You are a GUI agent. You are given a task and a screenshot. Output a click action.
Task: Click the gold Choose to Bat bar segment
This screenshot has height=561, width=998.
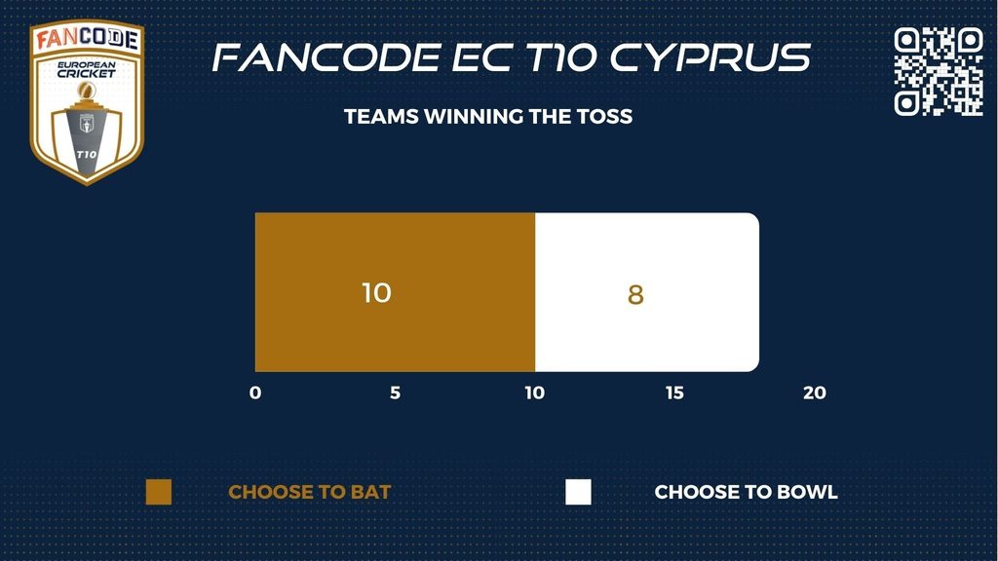tap(395, 292)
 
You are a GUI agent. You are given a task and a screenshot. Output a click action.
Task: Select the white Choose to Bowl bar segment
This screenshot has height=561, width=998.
tap(647, 292)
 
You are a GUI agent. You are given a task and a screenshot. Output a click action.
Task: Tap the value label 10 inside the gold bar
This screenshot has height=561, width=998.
tap(376, 292)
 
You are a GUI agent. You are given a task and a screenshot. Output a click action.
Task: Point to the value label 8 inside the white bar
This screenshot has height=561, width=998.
tap(635, 294)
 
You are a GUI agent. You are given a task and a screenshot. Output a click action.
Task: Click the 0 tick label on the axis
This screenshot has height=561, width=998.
tap(255, 393)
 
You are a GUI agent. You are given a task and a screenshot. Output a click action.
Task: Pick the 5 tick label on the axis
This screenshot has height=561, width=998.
tap(396, 393)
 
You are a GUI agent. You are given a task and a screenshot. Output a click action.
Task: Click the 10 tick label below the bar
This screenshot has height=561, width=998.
tap(535, 393)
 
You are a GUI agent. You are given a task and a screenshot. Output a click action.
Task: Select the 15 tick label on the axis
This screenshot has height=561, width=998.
tap(674, 393)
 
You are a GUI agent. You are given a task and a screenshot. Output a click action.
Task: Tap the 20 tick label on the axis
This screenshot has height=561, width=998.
tap(815, 393)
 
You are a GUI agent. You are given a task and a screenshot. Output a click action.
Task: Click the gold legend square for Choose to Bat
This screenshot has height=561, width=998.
tap(159, 492)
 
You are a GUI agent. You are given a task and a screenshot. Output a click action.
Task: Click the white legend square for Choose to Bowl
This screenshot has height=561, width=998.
tap(578, 492)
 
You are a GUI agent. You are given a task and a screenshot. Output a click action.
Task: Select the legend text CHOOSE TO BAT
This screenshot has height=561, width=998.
tap(309, 492)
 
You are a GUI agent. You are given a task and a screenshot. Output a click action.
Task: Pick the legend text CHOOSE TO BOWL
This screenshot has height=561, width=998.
tap(746, 492)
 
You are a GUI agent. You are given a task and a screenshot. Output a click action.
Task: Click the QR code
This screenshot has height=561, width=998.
tap(939, 71)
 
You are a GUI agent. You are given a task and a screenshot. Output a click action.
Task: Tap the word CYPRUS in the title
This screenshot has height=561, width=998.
tap(710, 57)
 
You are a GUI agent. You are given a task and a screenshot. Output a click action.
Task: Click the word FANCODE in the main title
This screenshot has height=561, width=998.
tap(326, 57)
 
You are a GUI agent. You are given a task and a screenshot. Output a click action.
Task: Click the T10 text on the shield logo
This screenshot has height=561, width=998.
tap(87, 154)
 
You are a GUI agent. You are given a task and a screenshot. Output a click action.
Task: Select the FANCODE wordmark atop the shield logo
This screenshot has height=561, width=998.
tap(87, 38)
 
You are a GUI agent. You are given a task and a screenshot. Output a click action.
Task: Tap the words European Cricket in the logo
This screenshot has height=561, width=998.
tap(87, 69)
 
